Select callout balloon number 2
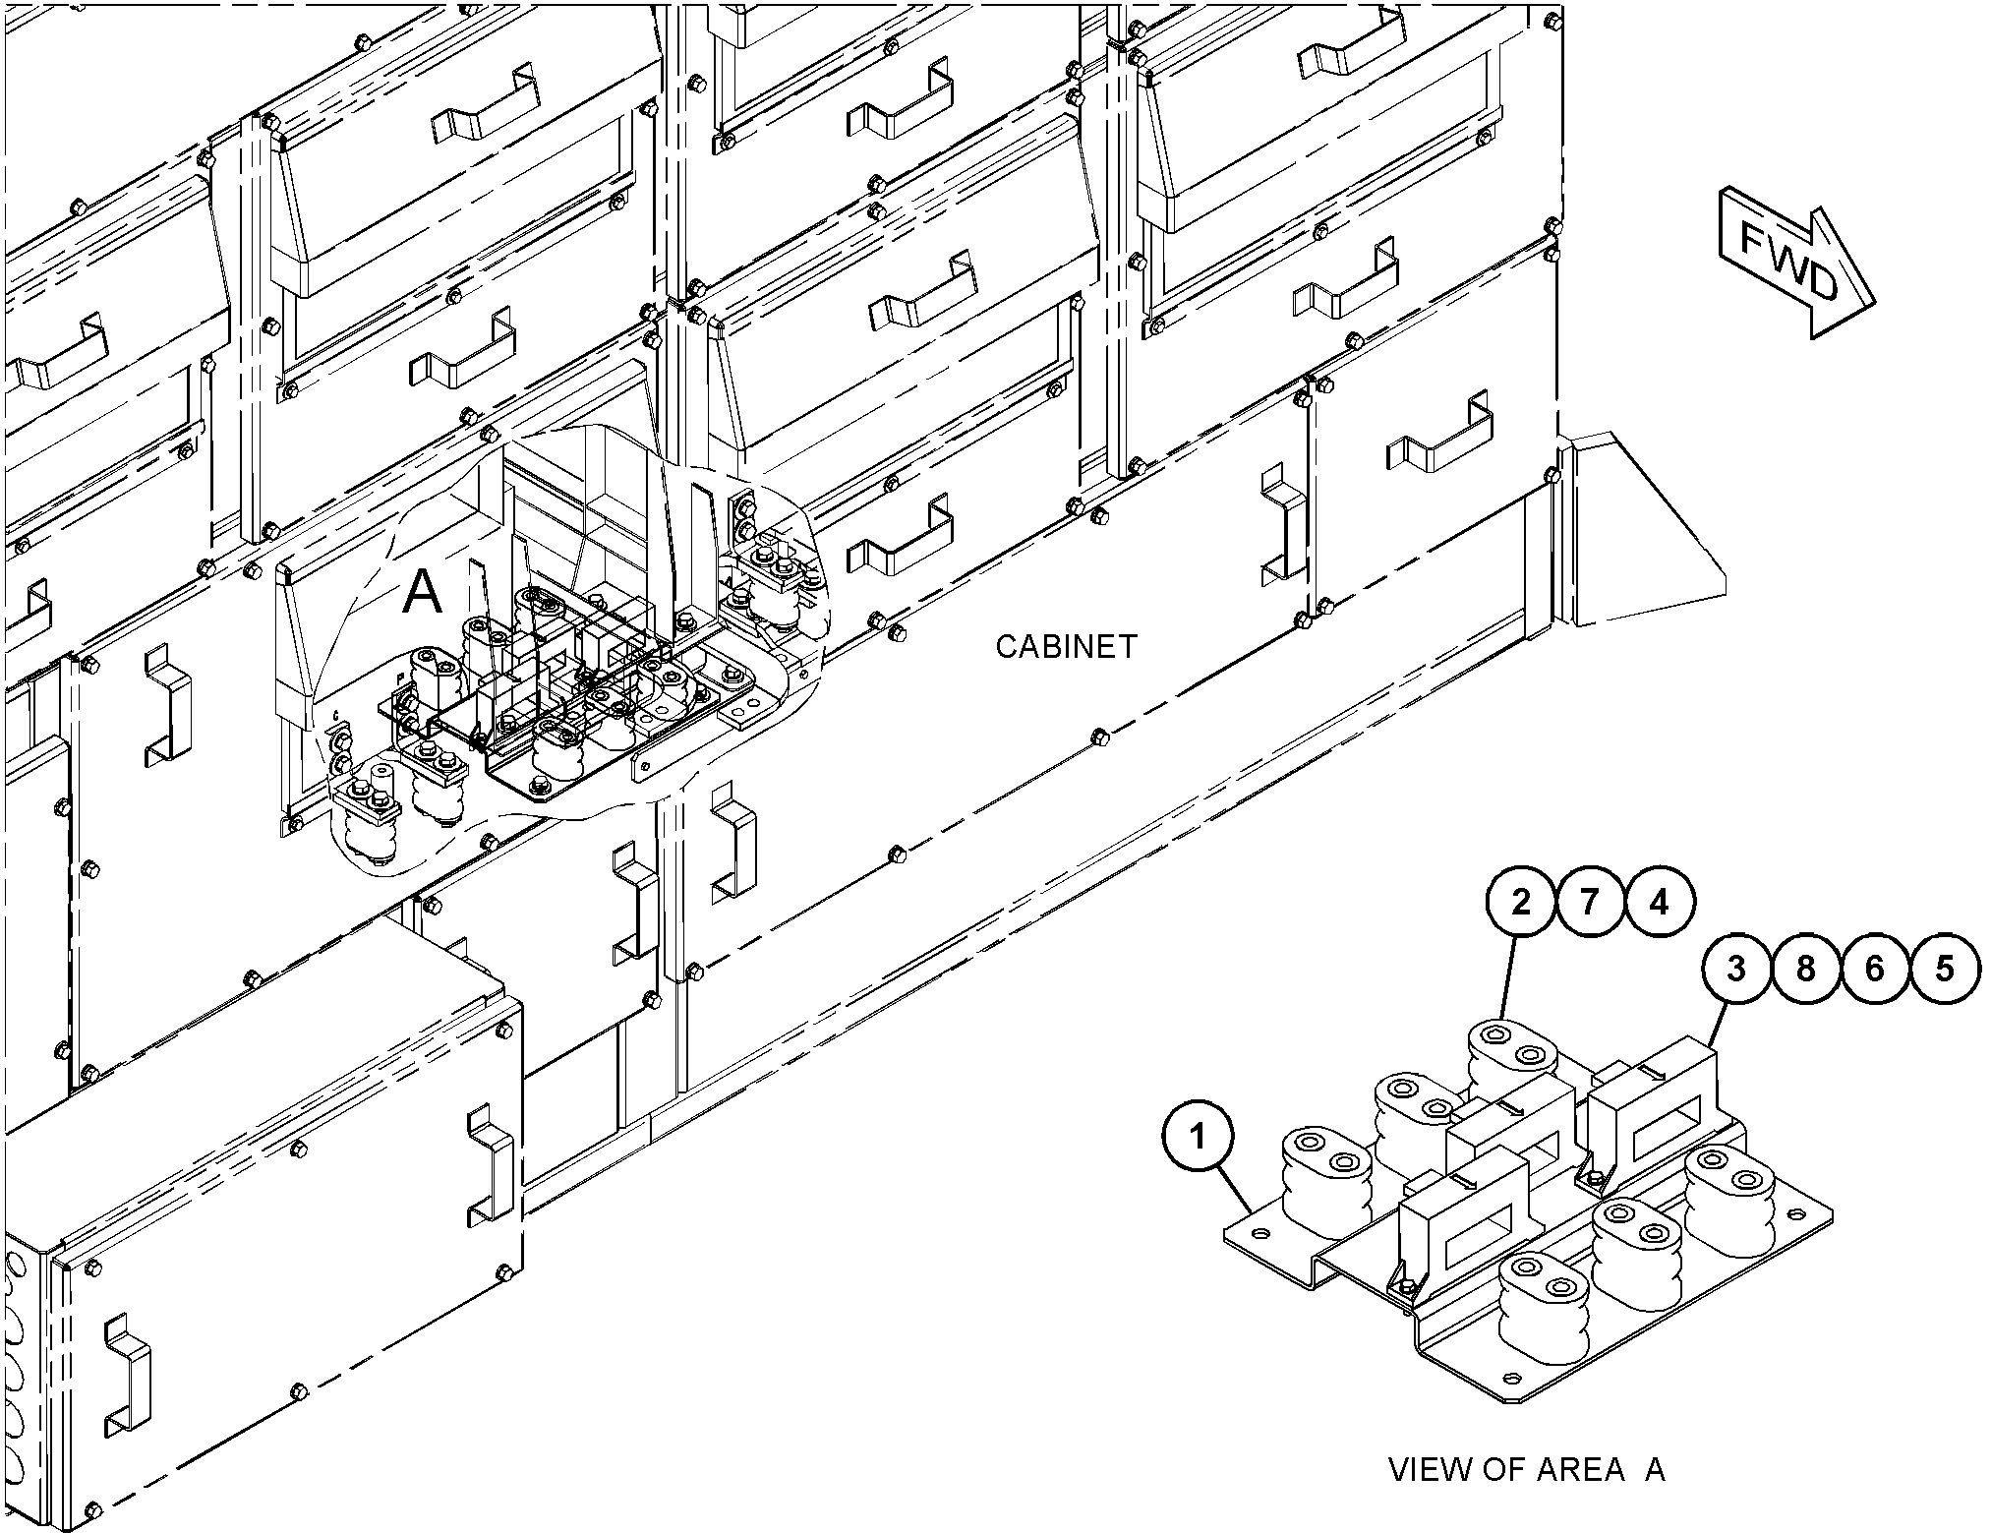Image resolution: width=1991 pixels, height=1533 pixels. tap(1521, 903)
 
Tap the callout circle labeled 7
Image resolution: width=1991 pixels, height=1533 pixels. tap(1590, 903)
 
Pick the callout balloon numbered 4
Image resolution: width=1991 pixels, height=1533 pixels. tap(1660, 903)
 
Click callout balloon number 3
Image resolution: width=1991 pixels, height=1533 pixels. tap(1736, 970)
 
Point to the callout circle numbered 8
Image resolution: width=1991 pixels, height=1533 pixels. tap(1805, 970)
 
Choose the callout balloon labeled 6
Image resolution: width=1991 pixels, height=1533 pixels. tap(1875, 970)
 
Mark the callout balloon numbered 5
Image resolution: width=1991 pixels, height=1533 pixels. tap(1945, 970)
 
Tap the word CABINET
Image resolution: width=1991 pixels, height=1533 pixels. tap(1067, 646)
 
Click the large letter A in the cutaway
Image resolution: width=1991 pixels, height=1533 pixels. tap(423, 593)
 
